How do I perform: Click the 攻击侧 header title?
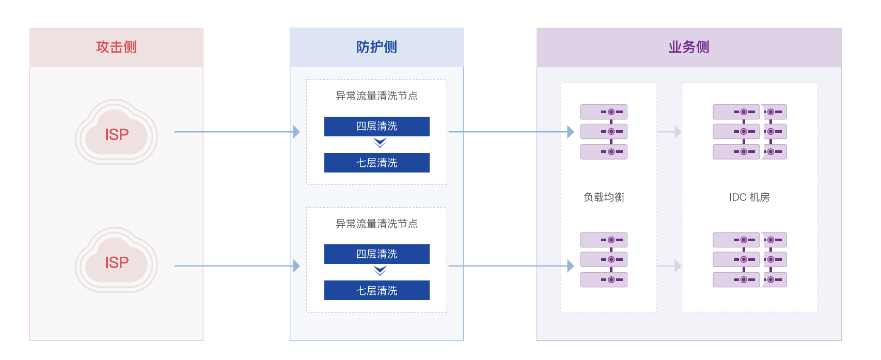pos(116,47)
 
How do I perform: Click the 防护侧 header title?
pos(376,47)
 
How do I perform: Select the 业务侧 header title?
pos(689,47)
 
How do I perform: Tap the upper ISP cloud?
pos(117,133)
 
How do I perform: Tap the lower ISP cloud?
pos(117,261)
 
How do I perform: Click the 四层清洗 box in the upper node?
pos(377,127)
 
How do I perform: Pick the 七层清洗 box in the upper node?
pos(377,163)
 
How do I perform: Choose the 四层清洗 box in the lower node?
pos(377,254)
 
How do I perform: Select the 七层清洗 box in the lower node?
pos(377,290)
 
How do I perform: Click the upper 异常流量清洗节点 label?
pos(376,96)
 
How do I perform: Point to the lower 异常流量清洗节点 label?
pos(376,224)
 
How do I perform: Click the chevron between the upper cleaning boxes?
pos(380,143)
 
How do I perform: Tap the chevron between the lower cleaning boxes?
pos(380,271)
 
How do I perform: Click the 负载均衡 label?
pos(604,197)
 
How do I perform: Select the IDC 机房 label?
pos(749,197)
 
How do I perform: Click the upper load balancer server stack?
pos(604,132)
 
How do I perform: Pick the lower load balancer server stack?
pos(604,260)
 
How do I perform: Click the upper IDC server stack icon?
pos(749,132)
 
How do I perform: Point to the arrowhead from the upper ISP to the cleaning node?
pos(296,132)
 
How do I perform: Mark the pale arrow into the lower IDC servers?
pos(678,266)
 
